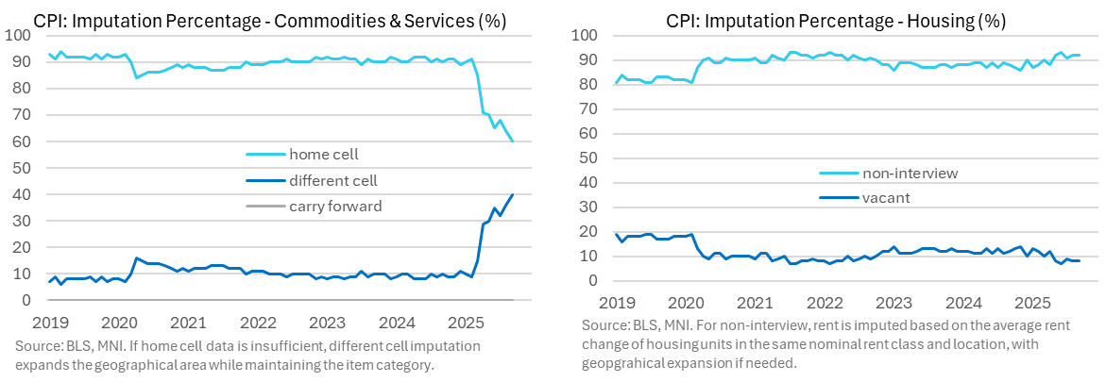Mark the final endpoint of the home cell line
(x=513, y=141)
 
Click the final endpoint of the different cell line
(x=513, y=194)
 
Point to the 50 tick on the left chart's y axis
(x=22, y=168)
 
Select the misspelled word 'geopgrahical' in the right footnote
(x=633, y=362)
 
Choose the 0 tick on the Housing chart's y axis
(x=592, y=280)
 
